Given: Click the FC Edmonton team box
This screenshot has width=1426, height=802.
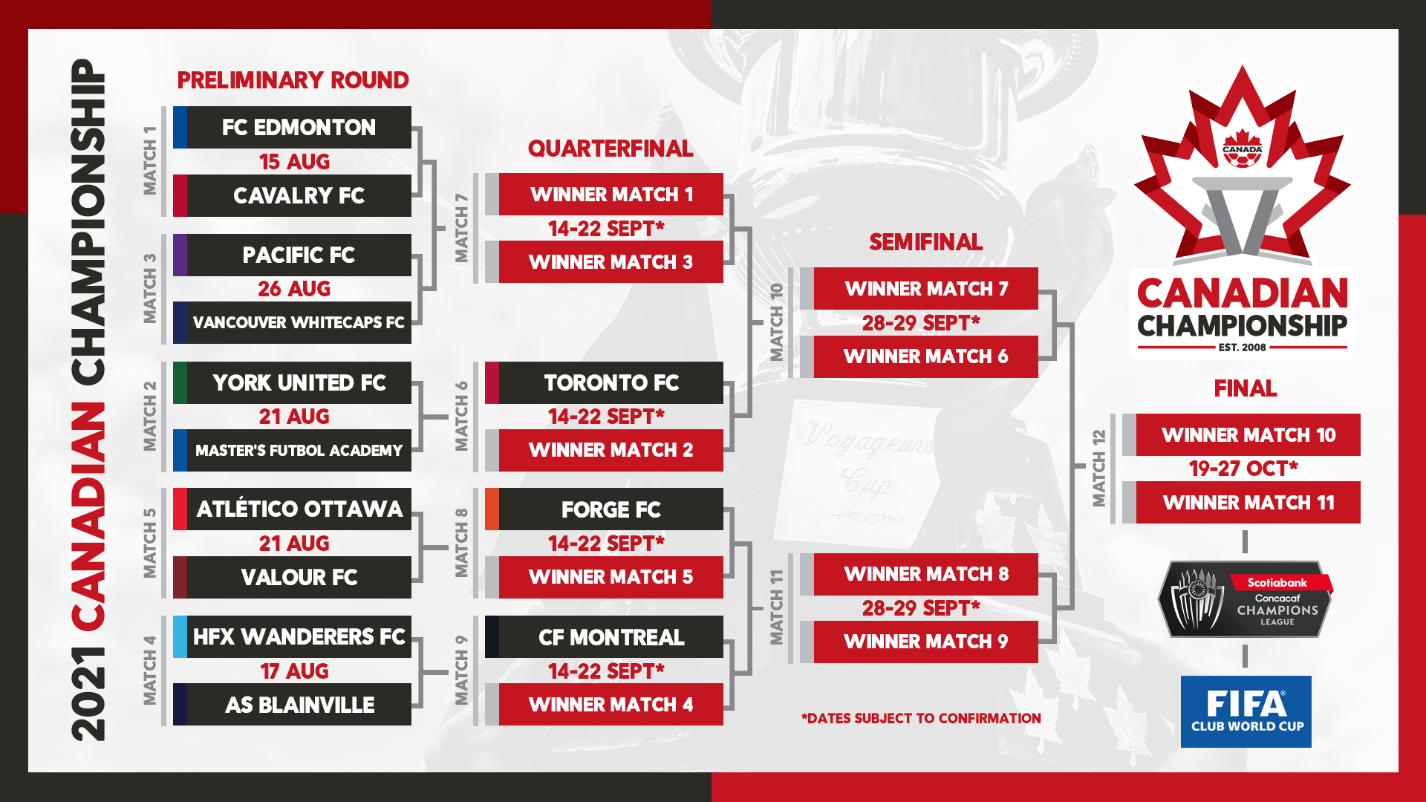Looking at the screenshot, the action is point(292,127).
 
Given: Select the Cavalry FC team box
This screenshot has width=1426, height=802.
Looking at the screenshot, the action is point(292,195).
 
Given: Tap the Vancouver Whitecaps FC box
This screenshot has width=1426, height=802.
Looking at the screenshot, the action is point(292,322).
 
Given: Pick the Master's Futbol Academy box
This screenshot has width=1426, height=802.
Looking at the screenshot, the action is point(292,450).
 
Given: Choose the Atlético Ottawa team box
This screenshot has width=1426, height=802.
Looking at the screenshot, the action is point(292,509).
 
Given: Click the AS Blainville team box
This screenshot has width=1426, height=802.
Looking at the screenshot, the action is point(292,704).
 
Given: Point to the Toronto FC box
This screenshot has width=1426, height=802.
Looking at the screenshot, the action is point(604,382).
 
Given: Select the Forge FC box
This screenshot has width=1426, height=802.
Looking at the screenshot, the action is point(604,509).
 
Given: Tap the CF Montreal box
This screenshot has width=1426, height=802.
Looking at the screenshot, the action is point(604,636).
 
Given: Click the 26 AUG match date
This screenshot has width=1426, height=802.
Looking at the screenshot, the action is point(294,289).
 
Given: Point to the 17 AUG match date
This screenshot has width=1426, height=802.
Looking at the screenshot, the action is point(294,671).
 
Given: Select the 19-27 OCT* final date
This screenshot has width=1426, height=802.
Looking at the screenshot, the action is point(1243,469).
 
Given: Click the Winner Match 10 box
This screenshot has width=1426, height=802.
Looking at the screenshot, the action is point(1241,434).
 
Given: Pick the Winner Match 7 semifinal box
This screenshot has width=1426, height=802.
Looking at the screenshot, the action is point(919,288).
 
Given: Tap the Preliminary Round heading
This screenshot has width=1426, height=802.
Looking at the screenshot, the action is point(293,80).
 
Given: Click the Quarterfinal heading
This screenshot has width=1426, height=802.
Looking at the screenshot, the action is point(611,149).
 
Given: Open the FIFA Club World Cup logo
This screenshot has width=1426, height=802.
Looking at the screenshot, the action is point(1246,711).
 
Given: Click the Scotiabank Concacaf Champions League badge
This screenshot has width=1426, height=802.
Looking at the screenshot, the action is point(1246,599).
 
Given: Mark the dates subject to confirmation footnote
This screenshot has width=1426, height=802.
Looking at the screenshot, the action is point(921,718).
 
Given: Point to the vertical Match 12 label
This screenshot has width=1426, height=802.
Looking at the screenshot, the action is point(1099,468).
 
